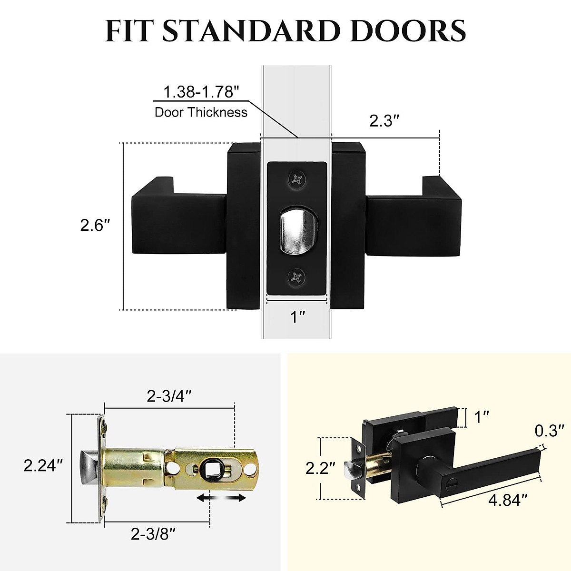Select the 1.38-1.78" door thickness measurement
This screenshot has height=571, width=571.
tap(200, 92)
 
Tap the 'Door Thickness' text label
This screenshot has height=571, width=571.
tap(201, 112)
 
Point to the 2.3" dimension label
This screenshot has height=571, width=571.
tap(384, 121)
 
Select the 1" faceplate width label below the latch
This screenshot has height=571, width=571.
tap(298, 316)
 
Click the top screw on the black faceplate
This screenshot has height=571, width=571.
tap(297, 179)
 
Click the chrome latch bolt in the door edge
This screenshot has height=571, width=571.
tap(297, 228)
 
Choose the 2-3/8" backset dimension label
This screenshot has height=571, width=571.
tap(154, 534)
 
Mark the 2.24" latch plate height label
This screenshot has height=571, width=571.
tap(44, 465)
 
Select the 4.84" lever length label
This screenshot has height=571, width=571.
tap(508, 500)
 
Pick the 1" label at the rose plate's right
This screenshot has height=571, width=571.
tap(482, 417)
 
